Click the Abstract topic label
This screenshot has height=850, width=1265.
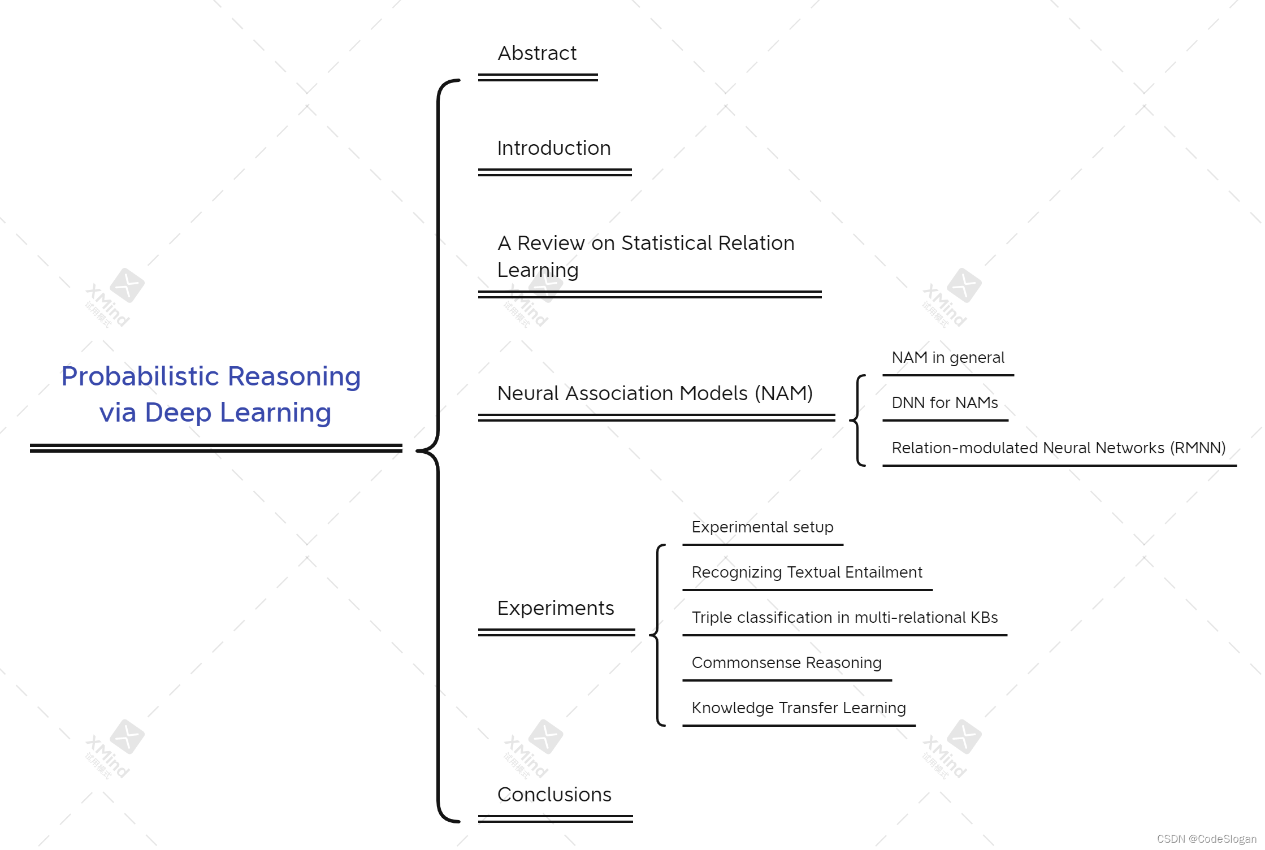pos(537,53)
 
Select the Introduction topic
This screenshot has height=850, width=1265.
pos(554,148)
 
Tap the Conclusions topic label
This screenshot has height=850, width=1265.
pos(554,795)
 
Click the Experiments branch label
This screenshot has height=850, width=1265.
pos(556,608)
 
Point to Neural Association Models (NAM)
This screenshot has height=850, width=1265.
pos(655,393)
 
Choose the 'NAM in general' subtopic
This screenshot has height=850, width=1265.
pos(948,358)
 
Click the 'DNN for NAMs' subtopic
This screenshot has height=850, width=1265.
pos(945,403)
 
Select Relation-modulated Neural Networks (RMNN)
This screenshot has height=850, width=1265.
pos(1058,448)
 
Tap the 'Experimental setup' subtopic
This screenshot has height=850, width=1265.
pos(763,527)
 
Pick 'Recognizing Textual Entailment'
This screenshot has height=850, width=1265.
pos(807,573)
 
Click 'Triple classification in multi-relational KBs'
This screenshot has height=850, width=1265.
pos(844,618)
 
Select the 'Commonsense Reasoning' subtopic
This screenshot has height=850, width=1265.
pos(786,663)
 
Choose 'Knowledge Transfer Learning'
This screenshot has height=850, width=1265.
pos(799,708)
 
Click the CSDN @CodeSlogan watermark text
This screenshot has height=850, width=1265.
pos(1206,839)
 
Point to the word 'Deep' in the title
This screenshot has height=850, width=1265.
pos(178,413)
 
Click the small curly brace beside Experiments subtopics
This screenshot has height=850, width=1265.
pos(657,635)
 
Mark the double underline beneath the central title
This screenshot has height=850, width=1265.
pos(216,448)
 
